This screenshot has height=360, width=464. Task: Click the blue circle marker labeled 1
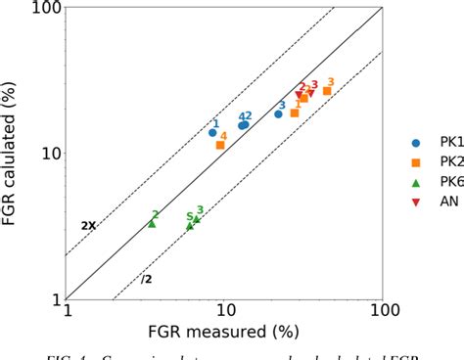[212, 132]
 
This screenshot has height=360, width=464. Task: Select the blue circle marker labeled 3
[278, 113]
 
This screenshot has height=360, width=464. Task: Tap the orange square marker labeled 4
[220, 145]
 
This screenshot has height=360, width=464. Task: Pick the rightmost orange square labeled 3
[327, 91]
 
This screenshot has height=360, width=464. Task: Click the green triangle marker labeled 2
[152, 223]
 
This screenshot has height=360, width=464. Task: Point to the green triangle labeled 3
[197, 218]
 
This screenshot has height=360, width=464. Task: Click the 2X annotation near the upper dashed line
[88, 226]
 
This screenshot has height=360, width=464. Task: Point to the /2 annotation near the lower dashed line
[147, 279]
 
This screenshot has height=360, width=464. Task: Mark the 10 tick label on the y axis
[47, 154]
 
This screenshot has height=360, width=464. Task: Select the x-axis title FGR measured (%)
[224, 336]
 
